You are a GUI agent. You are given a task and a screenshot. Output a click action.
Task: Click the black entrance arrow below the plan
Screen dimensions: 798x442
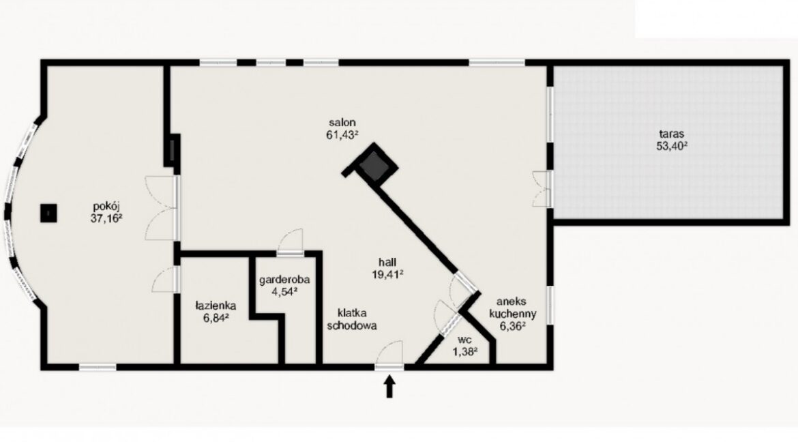tap(390, 387)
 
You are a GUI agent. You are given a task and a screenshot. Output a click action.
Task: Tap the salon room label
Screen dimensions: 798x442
tap(342, 122)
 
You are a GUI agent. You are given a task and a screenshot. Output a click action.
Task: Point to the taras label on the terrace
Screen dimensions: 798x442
tap(672, 134)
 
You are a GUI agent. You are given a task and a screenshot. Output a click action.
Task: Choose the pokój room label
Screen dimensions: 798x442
tap(107, 207)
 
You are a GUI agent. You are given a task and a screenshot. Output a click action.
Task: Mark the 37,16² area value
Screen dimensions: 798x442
tap(107, 219)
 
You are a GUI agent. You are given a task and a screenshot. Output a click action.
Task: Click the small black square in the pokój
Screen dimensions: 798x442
tap(48, 213)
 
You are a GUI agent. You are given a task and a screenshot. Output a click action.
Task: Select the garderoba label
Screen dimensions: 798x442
tap(284, 280)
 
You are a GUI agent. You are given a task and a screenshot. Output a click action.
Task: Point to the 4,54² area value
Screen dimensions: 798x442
tap(284, 292)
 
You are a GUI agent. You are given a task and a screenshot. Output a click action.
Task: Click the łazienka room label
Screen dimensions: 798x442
tap(216, 306)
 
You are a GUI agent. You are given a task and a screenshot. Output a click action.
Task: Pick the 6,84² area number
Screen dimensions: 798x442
tap(216, 317)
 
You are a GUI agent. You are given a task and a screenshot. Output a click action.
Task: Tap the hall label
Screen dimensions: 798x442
tap(388, 262)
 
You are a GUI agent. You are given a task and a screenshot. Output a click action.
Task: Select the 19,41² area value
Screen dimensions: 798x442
tap(388, 274)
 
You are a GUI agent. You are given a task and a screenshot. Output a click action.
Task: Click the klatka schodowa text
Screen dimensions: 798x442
tap(352, 319)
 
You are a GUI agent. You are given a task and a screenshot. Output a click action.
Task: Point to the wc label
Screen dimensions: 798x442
tap(464, 339)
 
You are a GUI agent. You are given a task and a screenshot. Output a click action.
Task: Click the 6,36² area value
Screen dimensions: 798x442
tap(513, 327)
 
